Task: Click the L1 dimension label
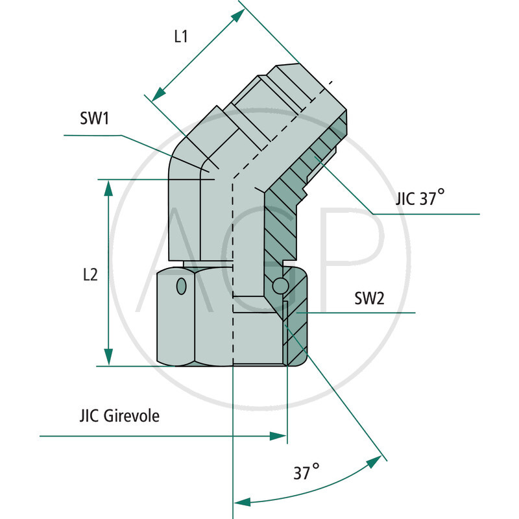click(x=180, y=37)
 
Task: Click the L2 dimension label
click(x=90, y=275)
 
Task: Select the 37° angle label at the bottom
click(x=306, y=472)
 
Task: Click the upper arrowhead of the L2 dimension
click(x=108, y=187)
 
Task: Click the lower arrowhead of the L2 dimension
click(x=108, y=357)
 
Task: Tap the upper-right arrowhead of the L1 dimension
click(x=237, y=17)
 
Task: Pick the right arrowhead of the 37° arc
click(x=374, y=461)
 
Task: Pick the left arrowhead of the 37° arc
click(x=241, y=501)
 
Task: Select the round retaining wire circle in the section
click(x=280, y=285)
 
